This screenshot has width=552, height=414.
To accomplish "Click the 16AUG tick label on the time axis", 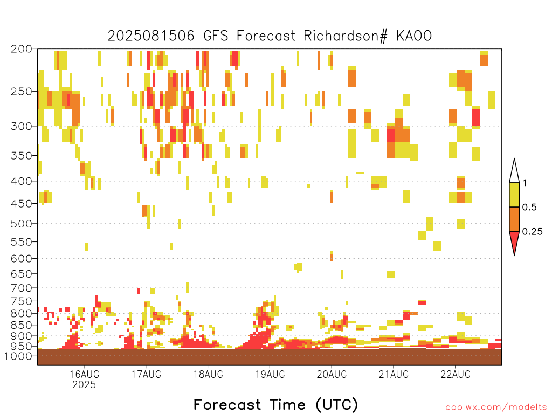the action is point(84,374).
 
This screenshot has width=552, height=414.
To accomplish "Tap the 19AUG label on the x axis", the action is point(270,374).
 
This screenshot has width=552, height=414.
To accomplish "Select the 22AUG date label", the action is point(456,374).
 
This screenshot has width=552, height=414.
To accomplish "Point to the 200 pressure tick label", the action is point(22,49).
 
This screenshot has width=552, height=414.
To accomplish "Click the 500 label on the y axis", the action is point(22,224).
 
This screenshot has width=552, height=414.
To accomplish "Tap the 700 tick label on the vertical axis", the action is point(22,288).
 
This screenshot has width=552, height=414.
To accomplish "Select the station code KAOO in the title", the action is point(414,36).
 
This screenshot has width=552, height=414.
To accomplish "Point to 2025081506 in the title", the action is point(151,36).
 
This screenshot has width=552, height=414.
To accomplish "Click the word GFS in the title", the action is point(216,36).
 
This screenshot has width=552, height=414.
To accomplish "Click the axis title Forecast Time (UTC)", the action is point(275,404).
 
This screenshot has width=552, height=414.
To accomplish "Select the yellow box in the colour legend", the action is point(514,195).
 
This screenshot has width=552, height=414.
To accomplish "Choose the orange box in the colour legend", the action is point(514,219).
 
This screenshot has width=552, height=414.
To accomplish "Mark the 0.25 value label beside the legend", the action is point(532,232).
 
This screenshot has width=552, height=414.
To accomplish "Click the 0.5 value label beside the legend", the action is point(529,208).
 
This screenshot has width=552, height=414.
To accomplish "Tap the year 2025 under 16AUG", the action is point(84,384).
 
